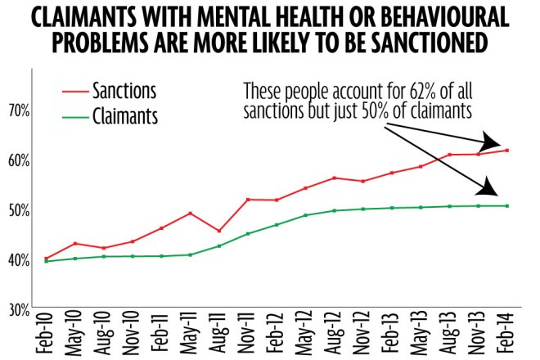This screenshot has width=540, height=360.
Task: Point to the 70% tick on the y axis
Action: coord(20,110)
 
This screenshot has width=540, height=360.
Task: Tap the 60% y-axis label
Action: coord(20,160)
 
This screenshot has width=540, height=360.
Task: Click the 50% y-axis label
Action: coord(20,209)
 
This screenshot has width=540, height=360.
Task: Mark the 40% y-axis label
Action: coord(20,259)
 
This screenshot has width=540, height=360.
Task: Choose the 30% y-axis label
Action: coord(20,309)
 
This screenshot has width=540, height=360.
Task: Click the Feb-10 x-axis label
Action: coord(46,335)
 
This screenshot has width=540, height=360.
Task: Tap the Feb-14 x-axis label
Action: coord(508,335)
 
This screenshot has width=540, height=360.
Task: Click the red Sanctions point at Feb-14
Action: coord(507,150)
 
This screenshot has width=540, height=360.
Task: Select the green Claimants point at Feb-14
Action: coord(507,205)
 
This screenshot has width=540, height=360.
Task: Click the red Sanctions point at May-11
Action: coord(190,213)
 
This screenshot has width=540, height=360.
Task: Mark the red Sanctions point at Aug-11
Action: coord(218,231)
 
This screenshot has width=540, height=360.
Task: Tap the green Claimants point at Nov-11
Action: coord(248,233)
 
